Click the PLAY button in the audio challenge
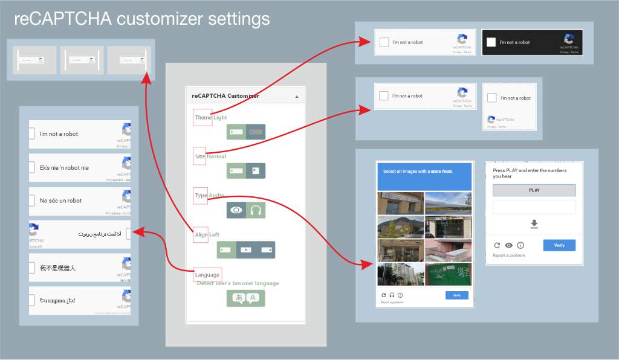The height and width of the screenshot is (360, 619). [534, 190]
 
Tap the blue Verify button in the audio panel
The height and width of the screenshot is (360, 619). [559, 245]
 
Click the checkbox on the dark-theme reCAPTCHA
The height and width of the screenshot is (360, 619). [491, 42]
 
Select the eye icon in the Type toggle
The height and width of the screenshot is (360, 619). [236, 210]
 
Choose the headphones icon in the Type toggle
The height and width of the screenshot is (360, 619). [256, 210]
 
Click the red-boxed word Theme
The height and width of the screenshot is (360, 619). [203, 117]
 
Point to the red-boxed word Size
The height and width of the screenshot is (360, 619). [200, 156]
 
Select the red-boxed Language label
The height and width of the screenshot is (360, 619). [207, 275]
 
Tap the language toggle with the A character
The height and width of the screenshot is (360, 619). [254, 298]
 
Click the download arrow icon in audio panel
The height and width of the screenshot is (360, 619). [534, 224]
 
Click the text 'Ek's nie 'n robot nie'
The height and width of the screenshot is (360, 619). [64, 167]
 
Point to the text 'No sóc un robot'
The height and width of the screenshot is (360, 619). [60, 201]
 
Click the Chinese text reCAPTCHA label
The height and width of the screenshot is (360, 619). [58, 268]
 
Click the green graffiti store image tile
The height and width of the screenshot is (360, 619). [448, 274]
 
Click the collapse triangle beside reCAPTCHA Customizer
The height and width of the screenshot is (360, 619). [296, 96]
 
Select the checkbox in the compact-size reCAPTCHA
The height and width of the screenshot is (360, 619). [492, 98]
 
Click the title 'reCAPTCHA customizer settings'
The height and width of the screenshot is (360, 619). [142, 19]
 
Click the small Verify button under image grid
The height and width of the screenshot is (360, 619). [456, 295]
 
